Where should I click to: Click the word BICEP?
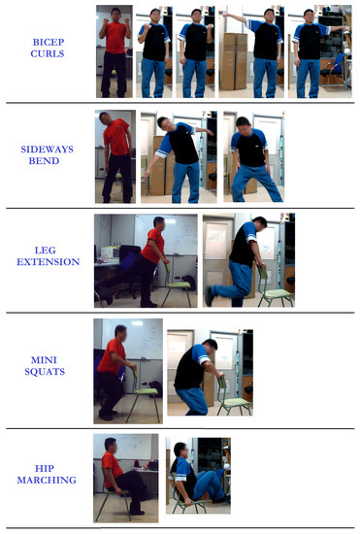pos(49,42)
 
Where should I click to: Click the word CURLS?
pos(48,53)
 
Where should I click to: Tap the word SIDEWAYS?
pos(47,150)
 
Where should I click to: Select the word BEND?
pos(44,161)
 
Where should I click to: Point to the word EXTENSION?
pos(48,261)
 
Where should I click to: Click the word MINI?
pos(44,360)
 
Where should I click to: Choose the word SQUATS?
pos(45,372)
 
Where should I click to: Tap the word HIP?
pos(45,468)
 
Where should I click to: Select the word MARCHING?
pos(47,480)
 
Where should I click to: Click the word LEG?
pos(46,250)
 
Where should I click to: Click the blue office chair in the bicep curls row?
pos(334,71)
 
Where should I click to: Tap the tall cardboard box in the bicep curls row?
pos(235,61)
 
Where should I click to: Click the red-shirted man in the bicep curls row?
pos(115,52)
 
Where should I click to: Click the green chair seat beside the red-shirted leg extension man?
pos(178,284)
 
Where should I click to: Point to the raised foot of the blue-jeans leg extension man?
pos(209,296)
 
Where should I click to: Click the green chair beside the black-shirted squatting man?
pos(234,397)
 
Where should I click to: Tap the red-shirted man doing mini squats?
pos(114,373)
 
